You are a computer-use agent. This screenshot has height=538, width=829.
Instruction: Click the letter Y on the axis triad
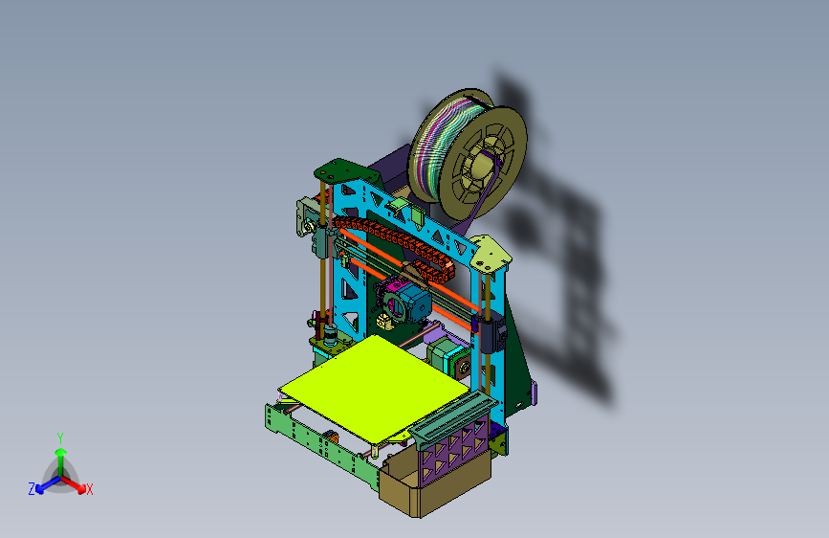[x=60, y=438]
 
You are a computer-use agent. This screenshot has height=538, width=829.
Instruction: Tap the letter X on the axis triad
[x=89, y=489]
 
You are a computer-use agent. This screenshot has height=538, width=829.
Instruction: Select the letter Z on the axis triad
[x=32, y=489]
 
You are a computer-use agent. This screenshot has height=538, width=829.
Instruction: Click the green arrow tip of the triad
[x=61, y=452]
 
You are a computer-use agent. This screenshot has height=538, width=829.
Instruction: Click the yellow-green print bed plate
[x=374, y=387]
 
